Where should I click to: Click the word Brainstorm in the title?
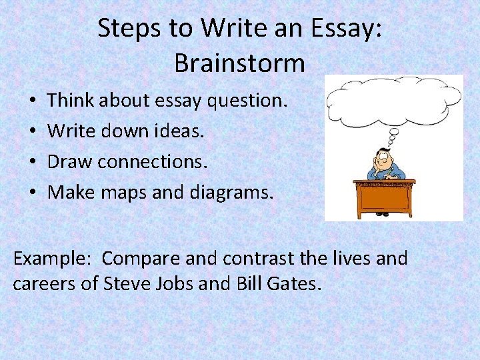click(239, 63)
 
